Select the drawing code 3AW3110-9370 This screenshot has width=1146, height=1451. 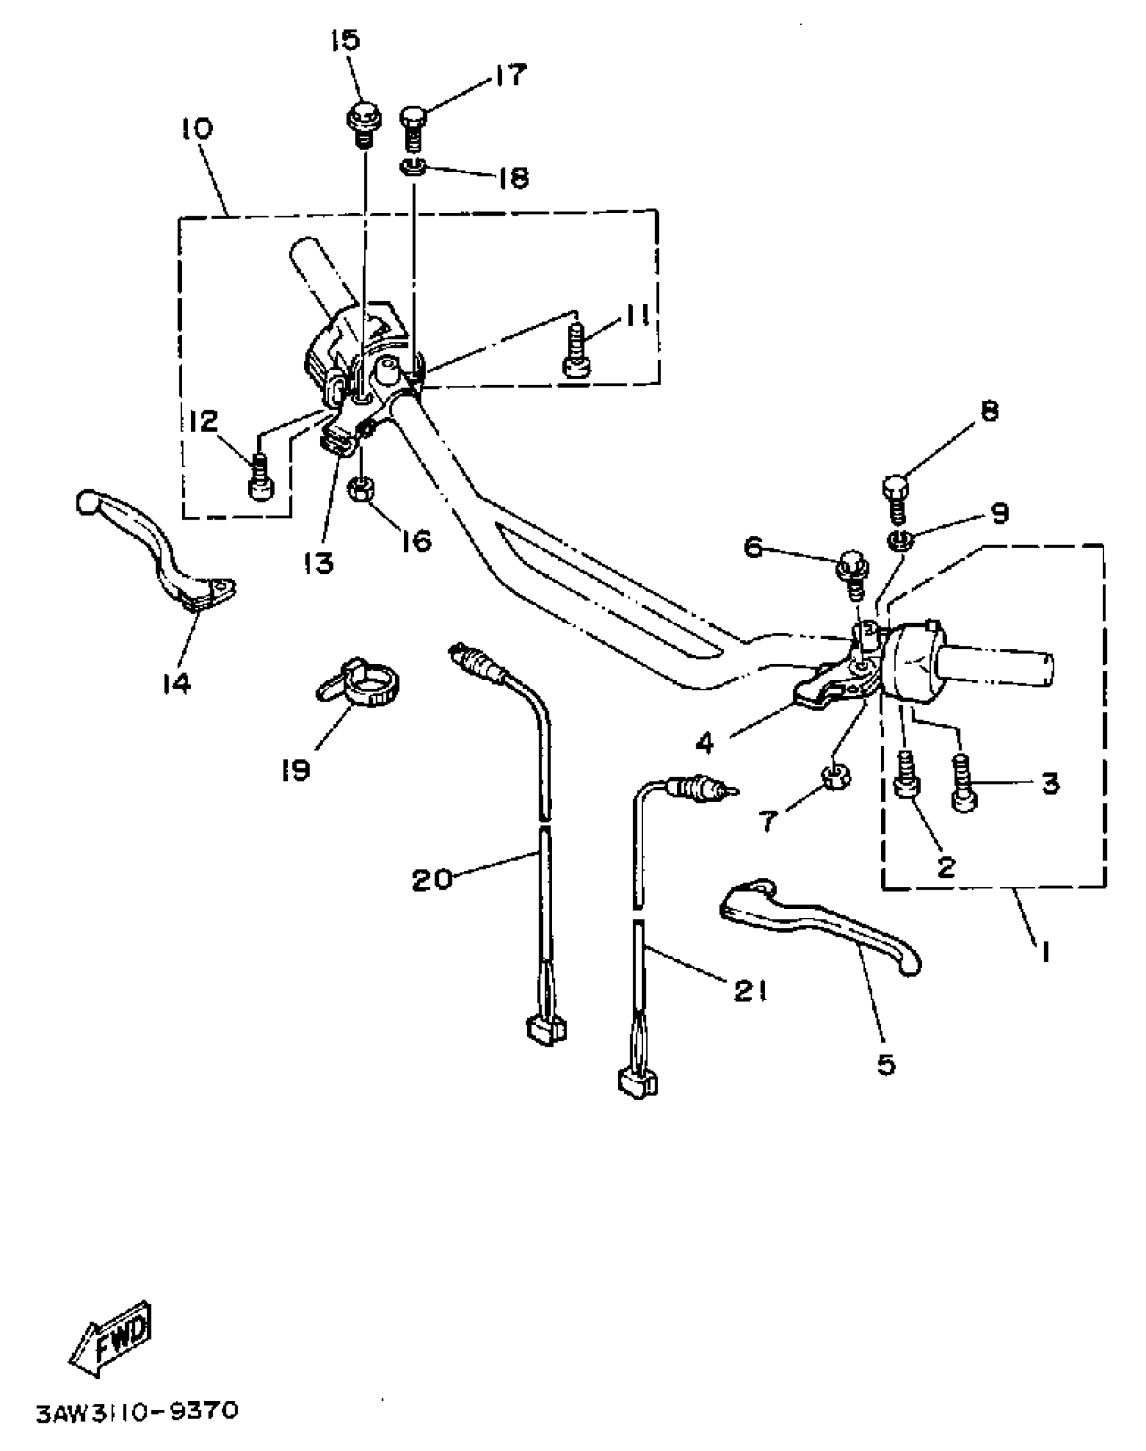138,1411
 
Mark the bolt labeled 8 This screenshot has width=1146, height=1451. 896,495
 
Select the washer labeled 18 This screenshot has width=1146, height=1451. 413,166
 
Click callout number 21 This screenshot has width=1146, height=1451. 751,990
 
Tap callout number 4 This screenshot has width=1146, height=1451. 704,743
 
